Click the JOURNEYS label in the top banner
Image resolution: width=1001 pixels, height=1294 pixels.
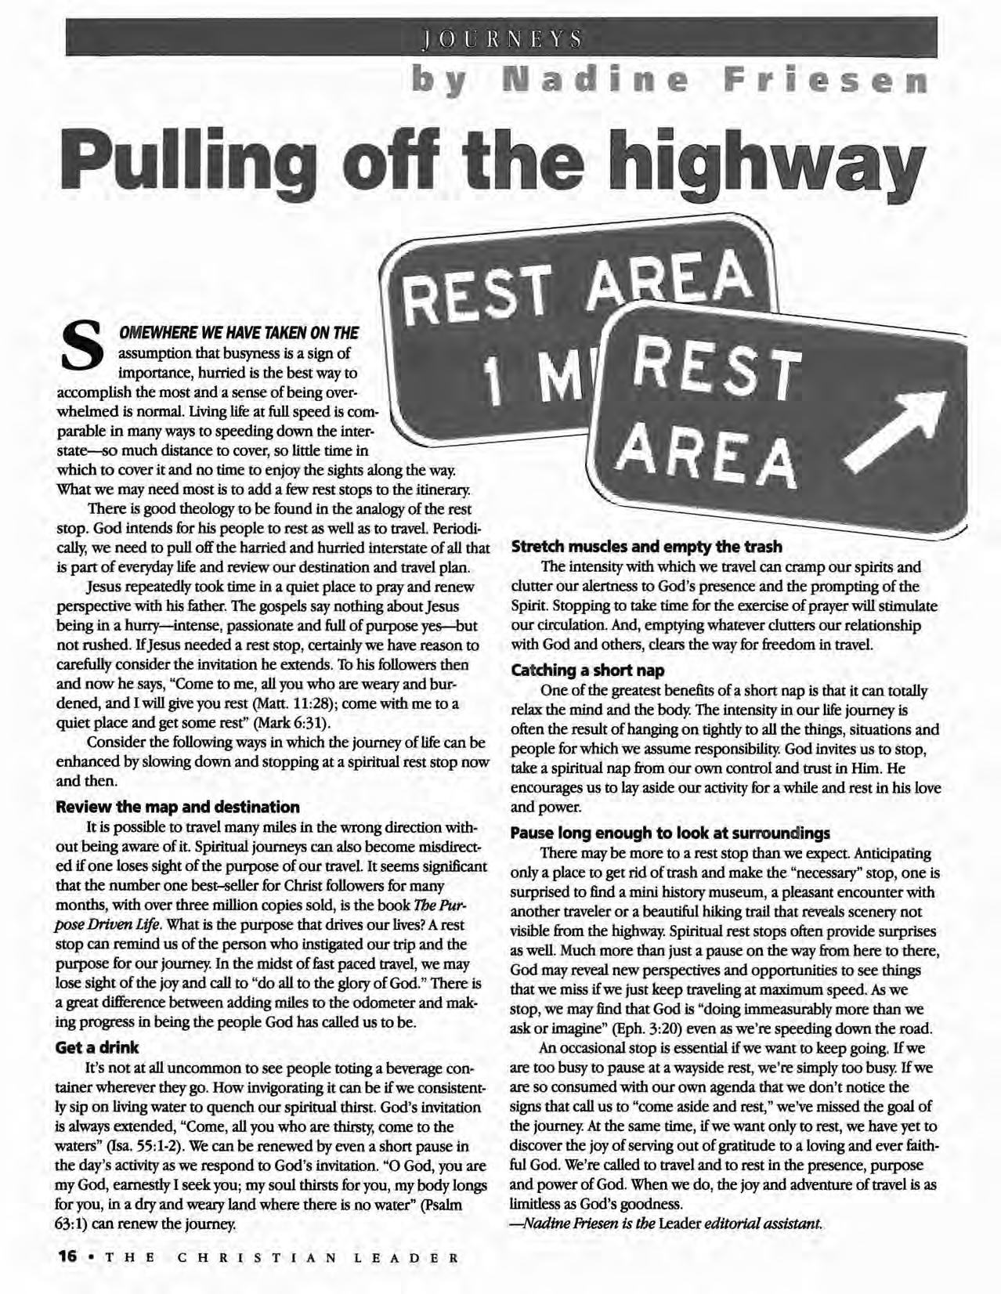pos(502,38)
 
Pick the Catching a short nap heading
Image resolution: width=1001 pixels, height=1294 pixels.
pos(587,670)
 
